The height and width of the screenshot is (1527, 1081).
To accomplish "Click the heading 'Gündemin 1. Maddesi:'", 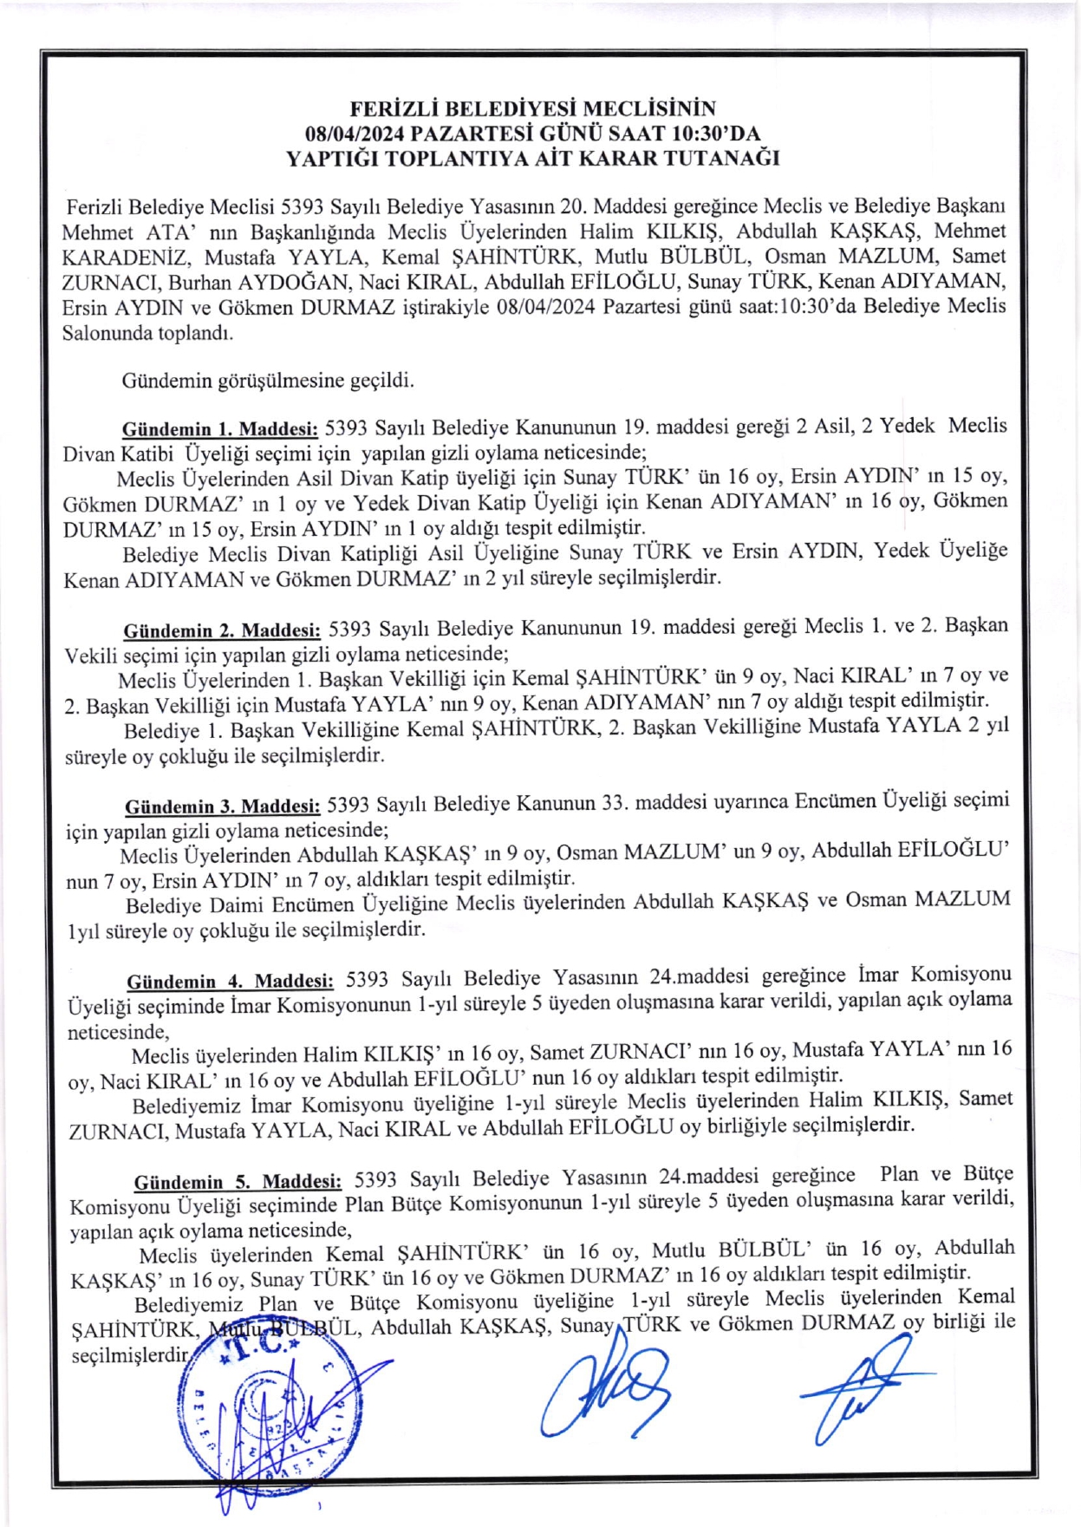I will pos(220,429).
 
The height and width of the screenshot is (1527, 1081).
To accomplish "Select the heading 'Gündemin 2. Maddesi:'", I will pos(222,630).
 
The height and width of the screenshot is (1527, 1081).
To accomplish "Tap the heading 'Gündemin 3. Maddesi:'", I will pos(223,807).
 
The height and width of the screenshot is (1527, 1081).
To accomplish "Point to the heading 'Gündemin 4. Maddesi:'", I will pos(230,982).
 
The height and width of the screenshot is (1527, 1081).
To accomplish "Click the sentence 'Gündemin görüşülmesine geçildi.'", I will pos(268,381).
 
